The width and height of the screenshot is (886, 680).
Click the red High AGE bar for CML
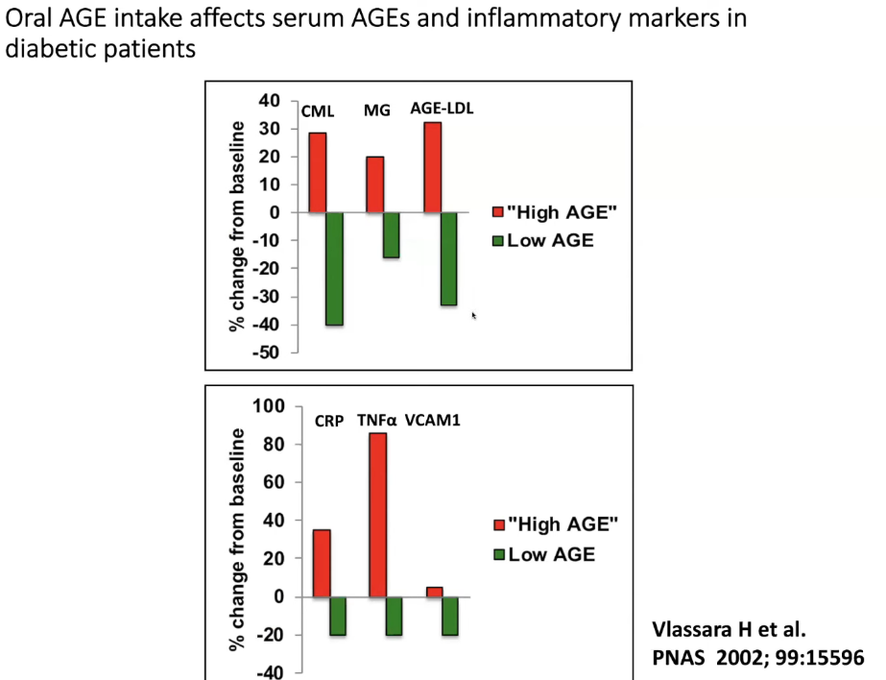pyautogui.click(x=317, y=172)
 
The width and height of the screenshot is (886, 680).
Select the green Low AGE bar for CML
pyautogui.click(x=334, y=268)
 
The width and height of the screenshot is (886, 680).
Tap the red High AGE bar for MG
pyautogui.click(x=374, y=183)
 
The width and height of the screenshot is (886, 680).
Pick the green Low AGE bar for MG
pyautogui.click(x=391, y=234)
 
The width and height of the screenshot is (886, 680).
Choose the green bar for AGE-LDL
pyautogui.click(x=448, y=258)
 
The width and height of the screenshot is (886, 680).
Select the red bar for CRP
pyautogui.click(x=322, y=563)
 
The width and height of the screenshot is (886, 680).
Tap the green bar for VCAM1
pyautogui.click(x=450, y=616)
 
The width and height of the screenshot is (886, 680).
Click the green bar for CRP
pyautogui.click(x=339, y=616)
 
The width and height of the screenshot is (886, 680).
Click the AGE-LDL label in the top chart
pyautogui.click(x=442, y=109)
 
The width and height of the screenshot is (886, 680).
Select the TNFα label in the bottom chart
pyautogui.click(x=377, y=420)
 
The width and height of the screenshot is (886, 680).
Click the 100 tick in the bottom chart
pyautogui.click(x=272, y=406)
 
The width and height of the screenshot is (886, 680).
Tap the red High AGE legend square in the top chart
pyautogui.click(x=497, y=212)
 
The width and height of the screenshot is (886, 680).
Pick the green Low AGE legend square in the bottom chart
pyautogui.click(x=497, y=554)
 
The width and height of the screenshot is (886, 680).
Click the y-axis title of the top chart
pyautogui.click(x=237, y=228)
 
